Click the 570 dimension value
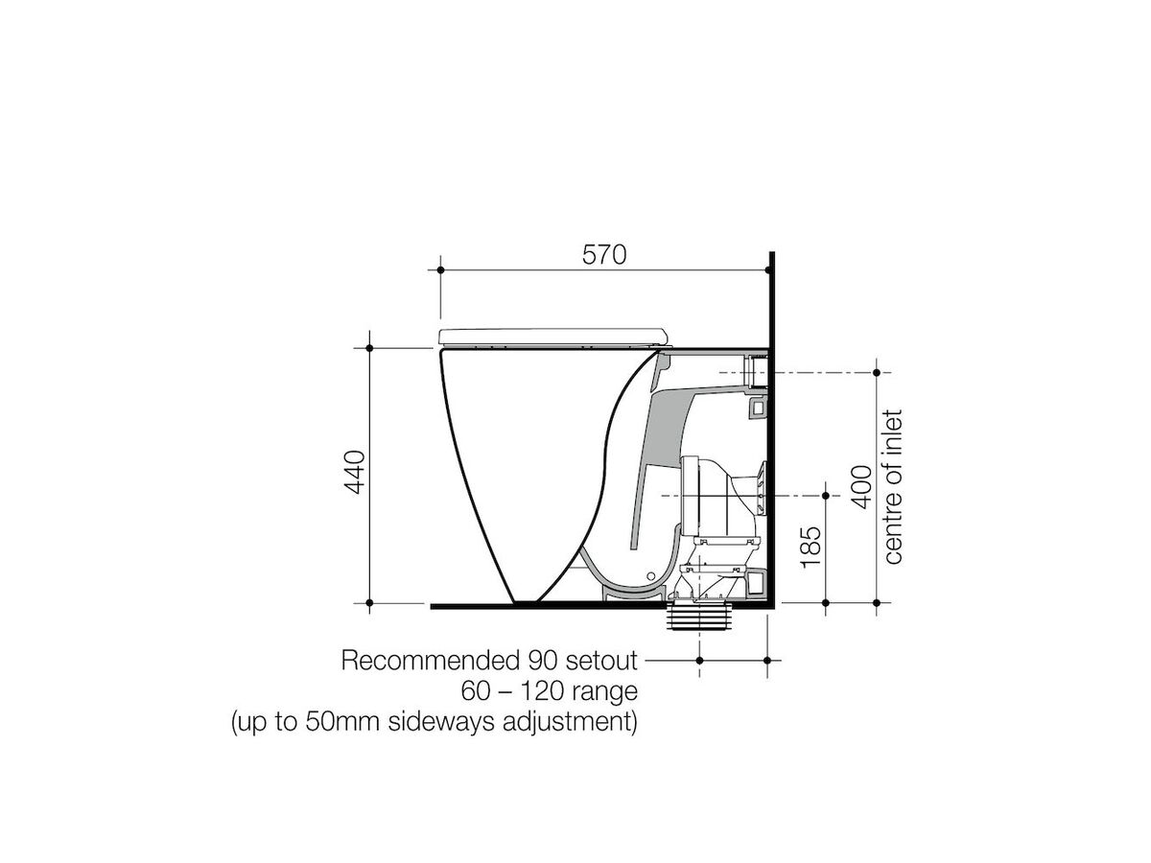click(x=604, y=255)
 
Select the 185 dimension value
click(x=810, y=547)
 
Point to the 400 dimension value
click(x=861, y=487)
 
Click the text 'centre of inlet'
click(x=893, y=487)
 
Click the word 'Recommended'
click(x=431, y=661)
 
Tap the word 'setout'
click(x=601, y=661)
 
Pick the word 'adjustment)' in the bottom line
click(x=571, y=722)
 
